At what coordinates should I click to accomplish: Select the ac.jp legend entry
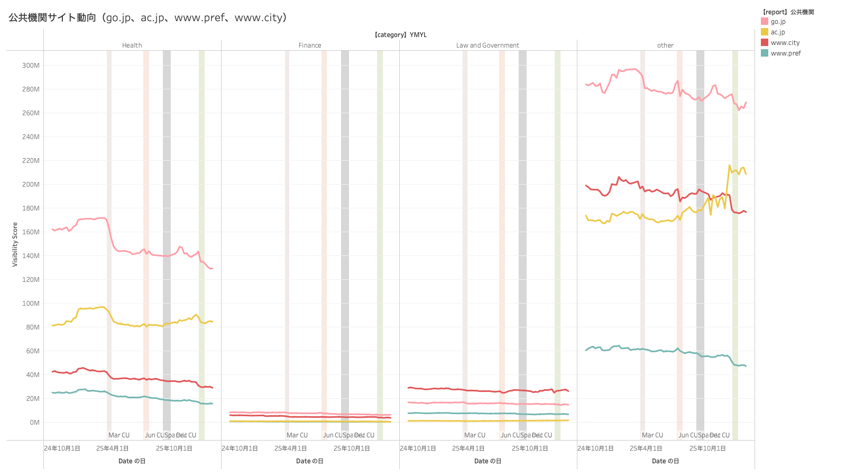point(777,32)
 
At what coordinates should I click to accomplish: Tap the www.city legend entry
point(785,43)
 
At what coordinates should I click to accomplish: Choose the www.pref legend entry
point(785,53)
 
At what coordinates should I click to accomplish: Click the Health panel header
point(132,45)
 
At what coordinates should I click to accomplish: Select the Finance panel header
point(310,45)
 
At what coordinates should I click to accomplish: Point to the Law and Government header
point(488,45)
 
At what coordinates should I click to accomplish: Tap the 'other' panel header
point(665,45)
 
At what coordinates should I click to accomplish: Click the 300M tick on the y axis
point(31,66)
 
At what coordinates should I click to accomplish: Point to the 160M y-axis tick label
point(31,232)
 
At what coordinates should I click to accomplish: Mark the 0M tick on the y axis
point(34,423)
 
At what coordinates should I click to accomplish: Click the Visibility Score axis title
point(15,244)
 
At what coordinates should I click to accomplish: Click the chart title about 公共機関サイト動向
point(148,17)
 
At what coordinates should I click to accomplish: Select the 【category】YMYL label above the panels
point(400,35)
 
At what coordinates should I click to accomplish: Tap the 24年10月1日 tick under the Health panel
point(62,448)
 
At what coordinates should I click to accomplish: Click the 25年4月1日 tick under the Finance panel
point(290,448)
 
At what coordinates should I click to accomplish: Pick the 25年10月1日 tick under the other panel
point(707,448)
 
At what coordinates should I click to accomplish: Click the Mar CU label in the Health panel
point(119,435)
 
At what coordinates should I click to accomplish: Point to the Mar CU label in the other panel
point(652,435)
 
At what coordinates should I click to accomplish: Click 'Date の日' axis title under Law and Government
point(488,461)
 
